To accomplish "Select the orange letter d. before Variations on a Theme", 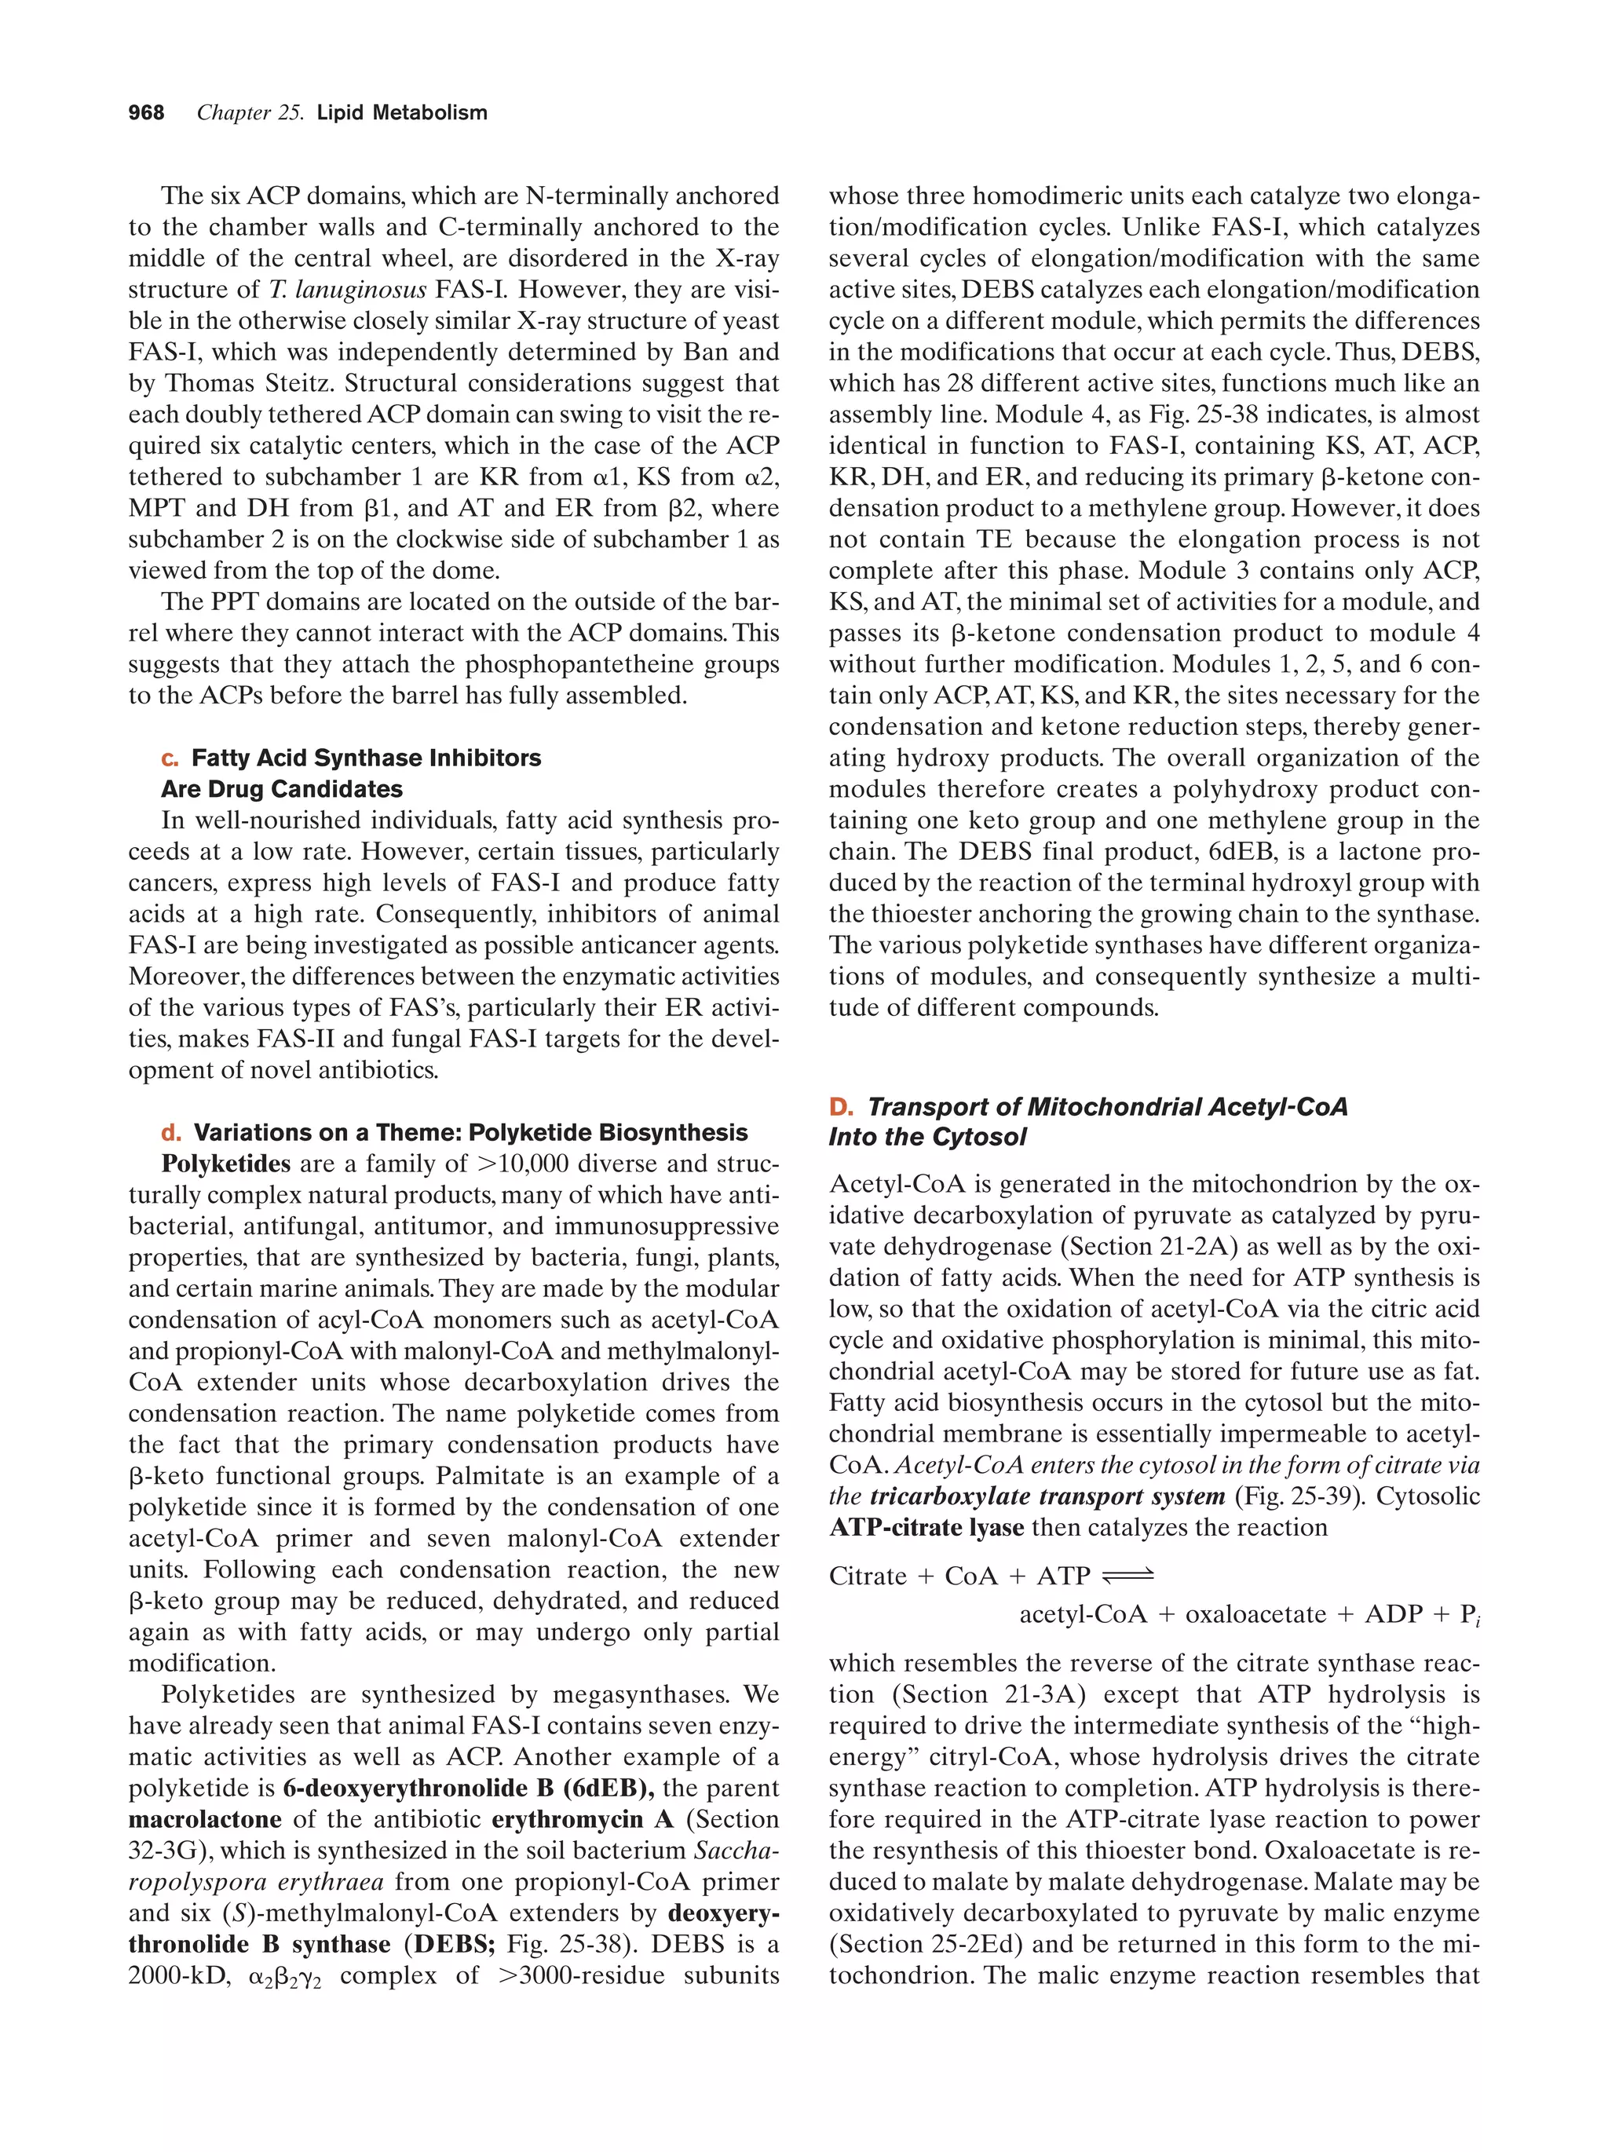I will (170, 1132).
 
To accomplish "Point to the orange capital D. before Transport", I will (840, 1107).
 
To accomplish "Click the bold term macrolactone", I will (205, 1819).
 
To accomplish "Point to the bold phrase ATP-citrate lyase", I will (926, 1527).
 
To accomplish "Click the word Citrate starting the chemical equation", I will (868, 1576).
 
